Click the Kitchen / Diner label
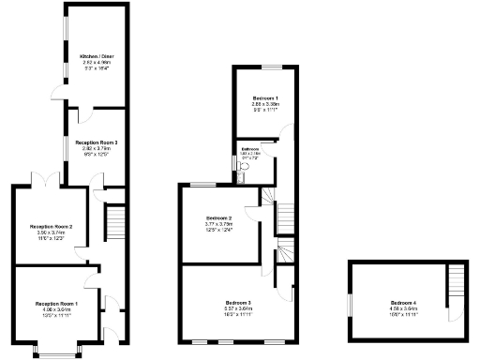(x=95, y=56)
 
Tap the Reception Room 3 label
(x=96, y=142)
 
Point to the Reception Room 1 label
(x=56, y=305)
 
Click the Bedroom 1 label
(x=265, y=98)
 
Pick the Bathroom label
(x=249, y=149)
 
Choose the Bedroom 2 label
(x=218, y=217)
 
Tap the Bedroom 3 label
(x=236, y=302)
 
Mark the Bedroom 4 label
(x=403, y=302)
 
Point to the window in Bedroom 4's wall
(x=347, y=305)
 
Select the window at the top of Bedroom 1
(x=265, y=67)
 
